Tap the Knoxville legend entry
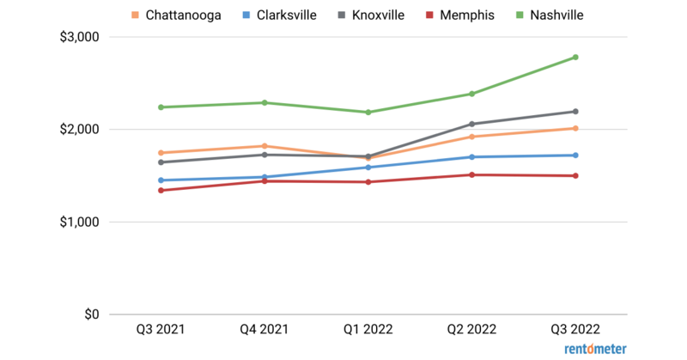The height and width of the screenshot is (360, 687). pos(382,15)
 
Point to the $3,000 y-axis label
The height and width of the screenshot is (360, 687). pos(76,37)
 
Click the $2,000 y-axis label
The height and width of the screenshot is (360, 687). pos(76,130)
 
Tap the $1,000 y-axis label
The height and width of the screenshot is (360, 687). pos(76,222)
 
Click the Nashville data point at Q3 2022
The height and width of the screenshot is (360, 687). pos(575,58)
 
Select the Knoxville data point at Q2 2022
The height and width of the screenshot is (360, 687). pos(471,124)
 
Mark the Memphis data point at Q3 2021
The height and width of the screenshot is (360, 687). pos(161,190)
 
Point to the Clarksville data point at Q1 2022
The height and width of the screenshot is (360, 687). pos(368,168)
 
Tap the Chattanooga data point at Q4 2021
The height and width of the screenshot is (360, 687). pos(264,146)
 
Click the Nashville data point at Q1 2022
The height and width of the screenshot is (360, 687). pos(368,112)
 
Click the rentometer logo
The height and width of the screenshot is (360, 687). pos(595,349)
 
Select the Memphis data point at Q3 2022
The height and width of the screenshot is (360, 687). pos(575,175)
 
